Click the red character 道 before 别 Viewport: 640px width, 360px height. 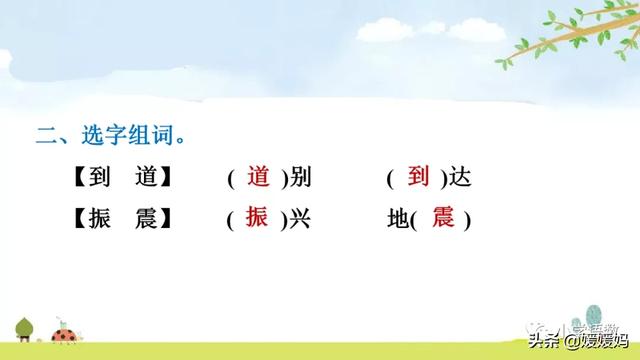pos(258,177)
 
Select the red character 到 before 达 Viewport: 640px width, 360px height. pos(418,177)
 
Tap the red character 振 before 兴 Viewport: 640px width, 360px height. pos(258,217)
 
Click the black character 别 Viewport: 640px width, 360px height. pos(299,179)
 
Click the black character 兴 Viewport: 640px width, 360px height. pos(299,219)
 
